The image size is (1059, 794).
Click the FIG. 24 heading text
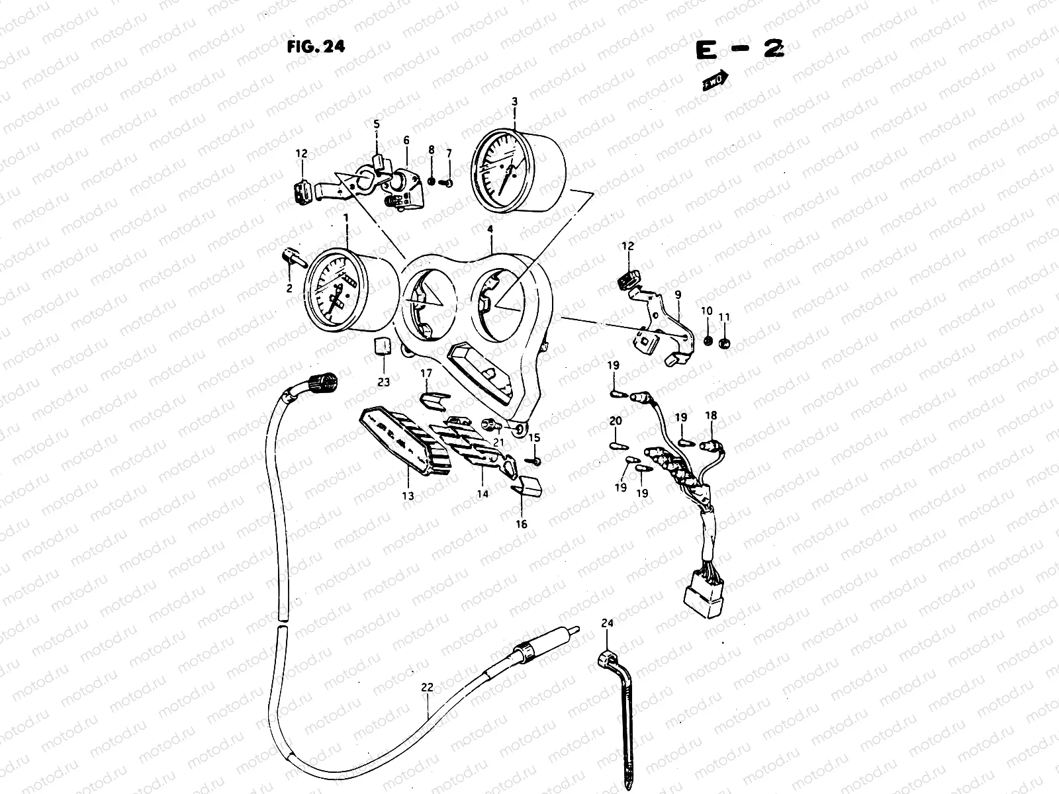point(316,46)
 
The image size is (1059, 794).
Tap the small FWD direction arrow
point(715,80)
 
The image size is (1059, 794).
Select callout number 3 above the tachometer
point(514,101)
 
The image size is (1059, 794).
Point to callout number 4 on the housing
point(490,230)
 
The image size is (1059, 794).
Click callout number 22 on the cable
point(427,687)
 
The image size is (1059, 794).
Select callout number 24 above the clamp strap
point(608,623)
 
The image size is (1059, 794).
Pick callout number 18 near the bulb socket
point(711,416)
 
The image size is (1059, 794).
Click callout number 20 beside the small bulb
point(615,421)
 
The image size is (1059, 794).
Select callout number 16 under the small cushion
point(522,524)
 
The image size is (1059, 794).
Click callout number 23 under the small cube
point(384,382)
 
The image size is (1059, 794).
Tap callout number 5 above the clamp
point(376,124)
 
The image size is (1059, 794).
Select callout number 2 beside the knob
point(289,288)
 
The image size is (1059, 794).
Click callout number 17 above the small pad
point(426,373)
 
